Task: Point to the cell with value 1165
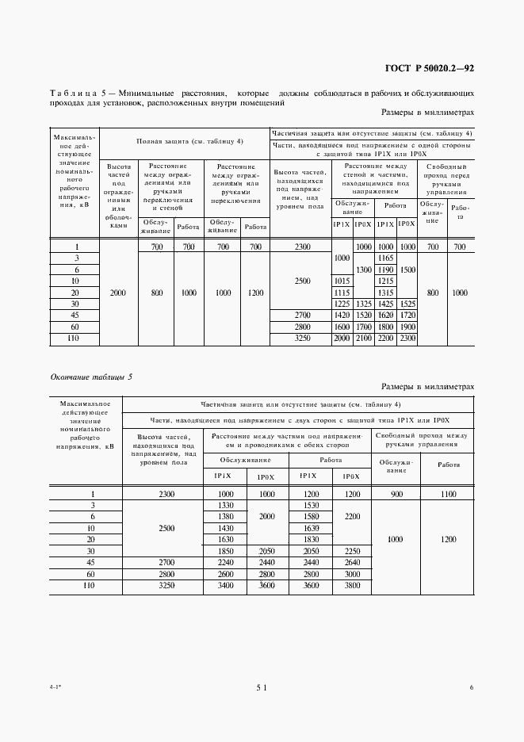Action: (386, 258)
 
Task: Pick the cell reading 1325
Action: (363, 304)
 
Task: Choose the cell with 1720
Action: (407, 316)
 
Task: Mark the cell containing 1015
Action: (342, 281)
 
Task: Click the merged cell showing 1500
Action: (407, 270)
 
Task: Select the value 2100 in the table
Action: (363, 338)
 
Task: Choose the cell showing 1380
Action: (225, 516)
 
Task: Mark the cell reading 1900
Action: (407, 327)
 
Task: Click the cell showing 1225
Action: (342, 304)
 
